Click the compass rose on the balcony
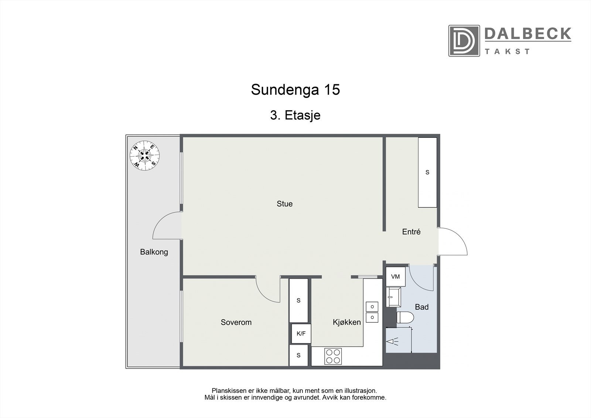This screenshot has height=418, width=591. (x=145, y=155)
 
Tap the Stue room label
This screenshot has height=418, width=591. (x=284, y=204)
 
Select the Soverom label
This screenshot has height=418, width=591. (x=236, y=322)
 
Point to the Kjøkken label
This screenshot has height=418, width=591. (x=346, y=322)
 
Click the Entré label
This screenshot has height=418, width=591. (x=411, y=232)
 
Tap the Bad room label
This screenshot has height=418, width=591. (x=421, y=307)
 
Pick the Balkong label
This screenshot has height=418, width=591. (x=154, y=252)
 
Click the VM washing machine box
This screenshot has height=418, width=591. (x=395, y=277)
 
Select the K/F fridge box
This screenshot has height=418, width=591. (x=301, y=334)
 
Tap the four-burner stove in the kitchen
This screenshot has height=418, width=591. (x=332, y=356)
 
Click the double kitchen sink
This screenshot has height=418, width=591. (x=372, y=312)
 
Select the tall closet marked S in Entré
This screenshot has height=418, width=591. (x=427, y=172)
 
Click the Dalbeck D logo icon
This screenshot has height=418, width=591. (x=464, y=41)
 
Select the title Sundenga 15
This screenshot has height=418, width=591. (x=295, y=90)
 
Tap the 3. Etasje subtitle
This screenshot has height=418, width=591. (x=295, y=115)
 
